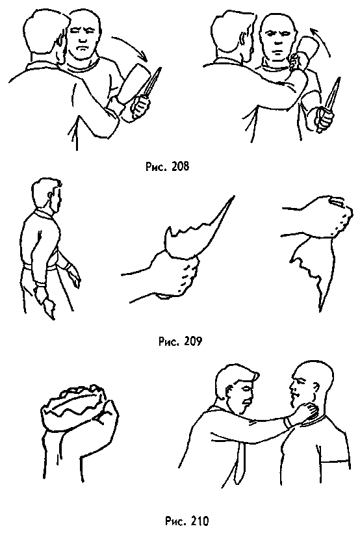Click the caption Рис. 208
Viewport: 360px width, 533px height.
167,166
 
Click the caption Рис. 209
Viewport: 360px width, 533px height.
180,341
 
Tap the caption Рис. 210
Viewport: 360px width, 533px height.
187,521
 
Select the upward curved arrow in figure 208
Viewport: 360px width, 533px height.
322,39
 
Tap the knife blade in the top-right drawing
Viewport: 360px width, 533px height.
332,92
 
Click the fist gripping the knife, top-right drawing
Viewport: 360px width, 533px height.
324,120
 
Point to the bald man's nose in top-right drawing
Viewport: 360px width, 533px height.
277,40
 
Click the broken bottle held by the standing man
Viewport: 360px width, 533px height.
49,308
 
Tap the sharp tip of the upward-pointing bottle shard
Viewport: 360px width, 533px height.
234,196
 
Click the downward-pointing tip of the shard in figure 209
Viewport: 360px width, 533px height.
320,310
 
